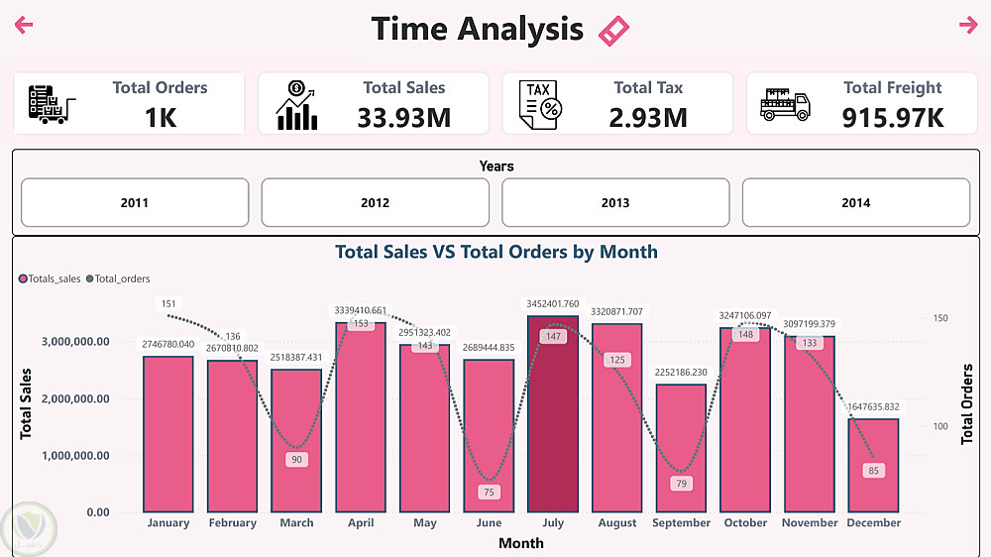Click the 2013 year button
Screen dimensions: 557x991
[615, 203]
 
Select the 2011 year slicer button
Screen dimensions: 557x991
[135, 203]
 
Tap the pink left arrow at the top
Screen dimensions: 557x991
[24, 26]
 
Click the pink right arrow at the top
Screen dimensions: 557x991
[968, 26]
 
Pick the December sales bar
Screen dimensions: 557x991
[873, 465]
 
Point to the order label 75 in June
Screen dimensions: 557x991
[489, 492]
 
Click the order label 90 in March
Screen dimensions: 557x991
[296, 460]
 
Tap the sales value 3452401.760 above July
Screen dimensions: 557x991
[553, 304]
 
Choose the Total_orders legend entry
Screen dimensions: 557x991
[122, 278]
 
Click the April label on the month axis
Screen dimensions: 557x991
[361, 523]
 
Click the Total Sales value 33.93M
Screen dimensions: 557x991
[403, 118]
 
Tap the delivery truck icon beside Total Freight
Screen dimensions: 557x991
[785, 103]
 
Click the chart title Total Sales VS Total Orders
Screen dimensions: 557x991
[496, 252]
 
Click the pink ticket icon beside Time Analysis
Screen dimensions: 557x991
[614, 31]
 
